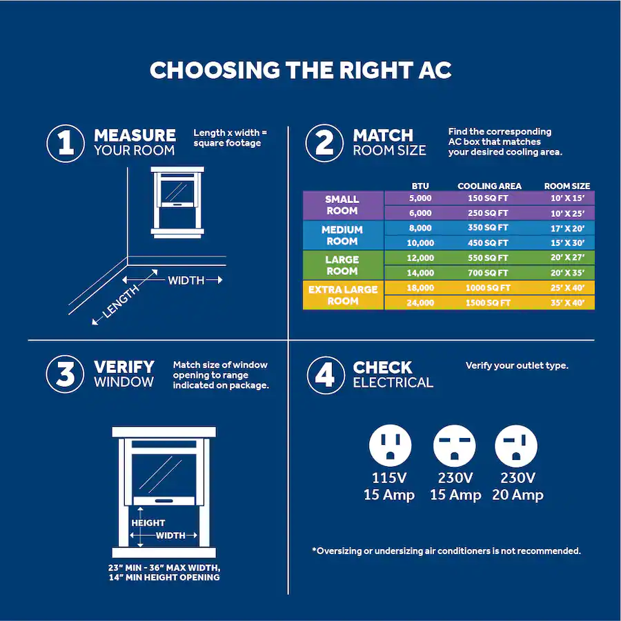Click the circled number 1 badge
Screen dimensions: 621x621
66,143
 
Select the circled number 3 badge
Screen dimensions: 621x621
66,375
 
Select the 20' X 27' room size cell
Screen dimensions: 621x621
567,258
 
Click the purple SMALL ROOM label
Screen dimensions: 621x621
342,205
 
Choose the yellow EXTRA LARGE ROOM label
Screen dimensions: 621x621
342,295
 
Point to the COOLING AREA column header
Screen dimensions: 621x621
489,186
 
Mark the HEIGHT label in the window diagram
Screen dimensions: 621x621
148,523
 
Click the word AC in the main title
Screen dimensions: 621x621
433,70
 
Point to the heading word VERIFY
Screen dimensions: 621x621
124,367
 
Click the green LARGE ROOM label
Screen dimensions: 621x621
342,265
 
